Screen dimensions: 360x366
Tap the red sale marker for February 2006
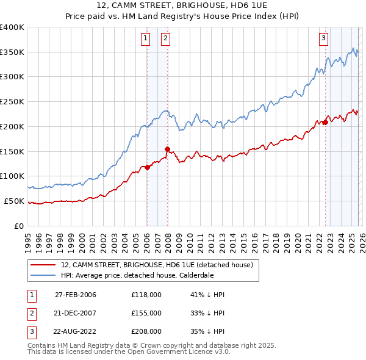147,167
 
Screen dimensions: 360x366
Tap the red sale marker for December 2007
167,149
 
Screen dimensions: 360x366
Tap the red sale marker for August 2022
325,123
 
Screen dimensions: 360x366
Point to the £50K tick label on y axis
13,201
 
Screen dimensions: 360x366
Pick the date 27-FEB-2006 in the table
75,295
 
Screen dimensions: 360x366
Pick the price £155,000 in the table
146,313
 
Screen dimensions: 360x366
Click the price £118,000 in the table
146,295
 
